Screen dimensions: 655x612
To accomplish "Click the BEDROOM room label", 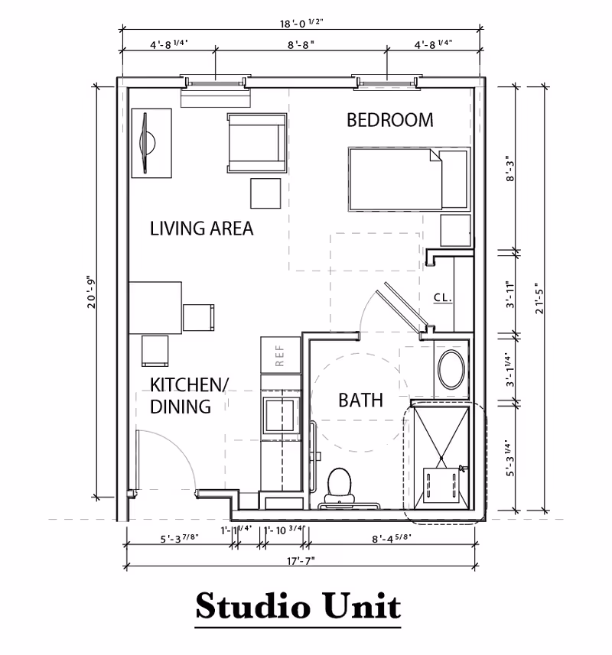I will [x=389, y=120].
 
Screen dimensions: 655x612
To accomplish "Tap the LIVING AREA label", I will [x=201, y=229].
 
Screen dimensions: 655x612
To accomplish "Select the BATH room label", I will [x=360, y=400].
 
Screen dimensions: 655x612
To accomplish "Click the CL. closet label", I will [x=441, y=298].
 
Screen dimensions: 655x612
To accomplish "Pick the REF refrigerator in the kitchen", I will [x=278, y=355].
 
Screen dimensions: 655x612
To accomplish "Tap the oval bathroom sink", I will [x=453, y=370].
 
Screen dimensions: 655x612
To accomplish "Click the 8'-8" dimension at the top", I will [x=301, y=46].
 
